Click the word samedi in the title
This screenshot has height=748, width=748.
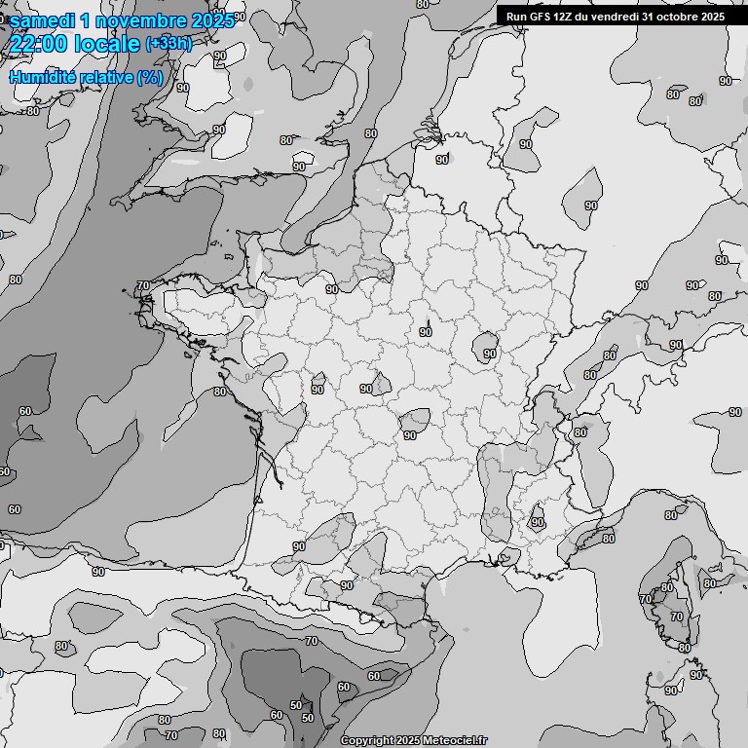(x=44, y=19)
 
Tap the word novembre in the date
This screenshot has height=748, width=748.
(x=141, y=19)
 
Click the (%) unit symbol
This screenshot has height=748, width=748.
(x=150, y=77)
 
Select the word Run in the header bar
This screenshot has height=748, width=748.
(x=516, y=17)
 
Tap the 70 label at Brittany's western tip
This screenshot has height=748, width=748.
(x=143, y=286)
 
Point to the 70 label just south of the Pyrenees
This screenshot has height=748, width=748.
(x=311, y=641)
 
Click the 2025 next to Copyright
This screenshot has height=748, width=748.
(x=409, y=741)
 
